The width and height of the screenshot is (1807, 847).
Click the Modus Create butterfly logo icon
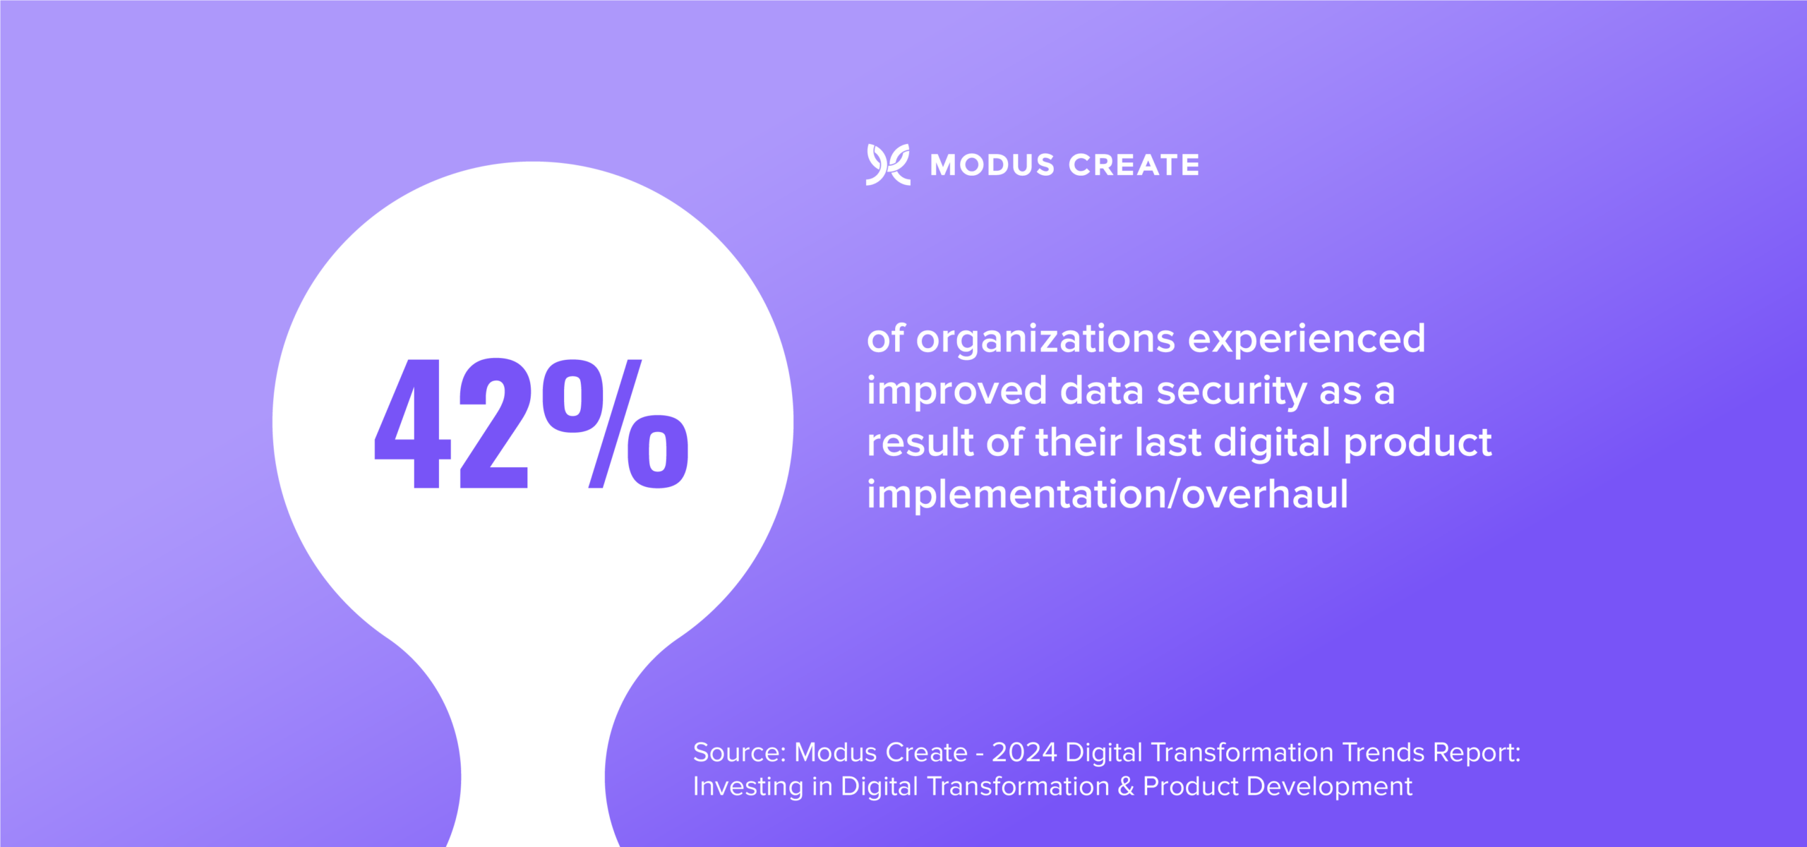tap(888, 164)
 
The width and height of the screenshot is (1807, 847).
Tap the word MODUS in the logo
tap(992, 165)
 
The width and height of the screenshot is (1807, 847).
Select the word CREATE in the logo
tap(1134, 165)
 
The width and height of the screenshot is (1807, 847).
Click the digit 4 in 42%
tap(412, 423)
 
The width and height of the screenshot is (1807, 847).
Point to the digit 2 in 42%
tap(493, 423)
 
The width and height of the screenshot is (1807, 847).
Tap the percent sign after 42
tap(616, 423)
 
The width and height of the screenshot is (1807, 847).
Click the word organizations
tap(1046, 340)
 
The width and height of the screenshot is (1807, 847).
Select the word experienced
tap(1307, 340)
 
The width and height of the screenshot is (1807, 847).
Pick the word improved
tap(957, 392)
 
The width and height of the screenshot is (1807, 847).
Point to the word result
tap(920, 443)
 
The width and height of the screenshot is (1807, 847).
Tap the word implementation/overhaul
tap(1107, 495)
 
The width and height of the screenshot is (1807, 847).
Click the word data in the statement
tap(1102, 390)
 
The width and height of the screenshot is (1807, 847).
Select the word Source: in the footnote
tap(739, 752)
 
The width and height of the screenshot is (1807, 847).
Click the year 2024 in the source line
tap(1024, 752)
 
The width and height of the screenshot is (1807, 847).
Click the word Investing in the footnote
tap(748, 787)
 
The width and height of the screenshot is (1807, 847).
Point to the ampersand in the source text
tap(1126, 786)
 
